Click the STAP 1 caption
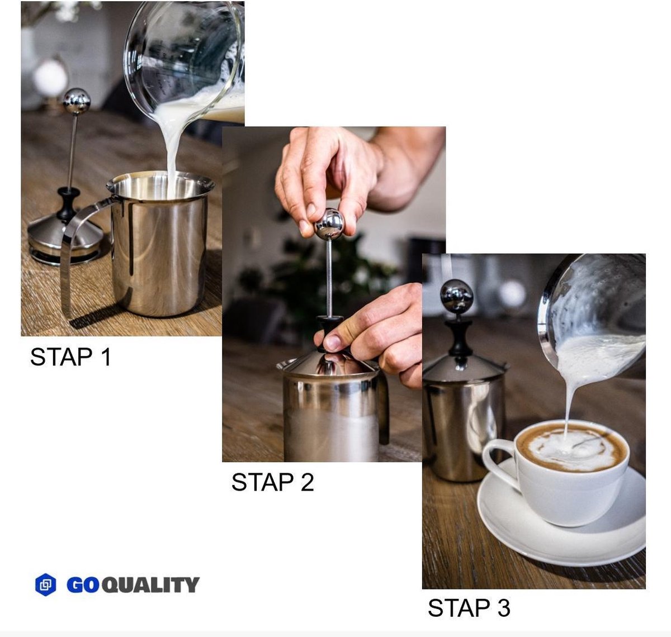pos(70,357)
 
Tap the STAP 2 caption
pos(272,482)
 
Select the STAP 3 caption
pos(469,607)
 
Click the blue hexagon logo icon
pos(45,584)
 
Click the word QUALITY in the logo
pos(150,585)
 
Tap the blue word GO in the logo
pos(83,585)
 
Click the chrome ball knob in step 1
pos(77,101)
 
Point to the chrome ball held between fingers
pos(329,224)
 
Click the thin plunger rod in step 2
pos(329,278)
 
